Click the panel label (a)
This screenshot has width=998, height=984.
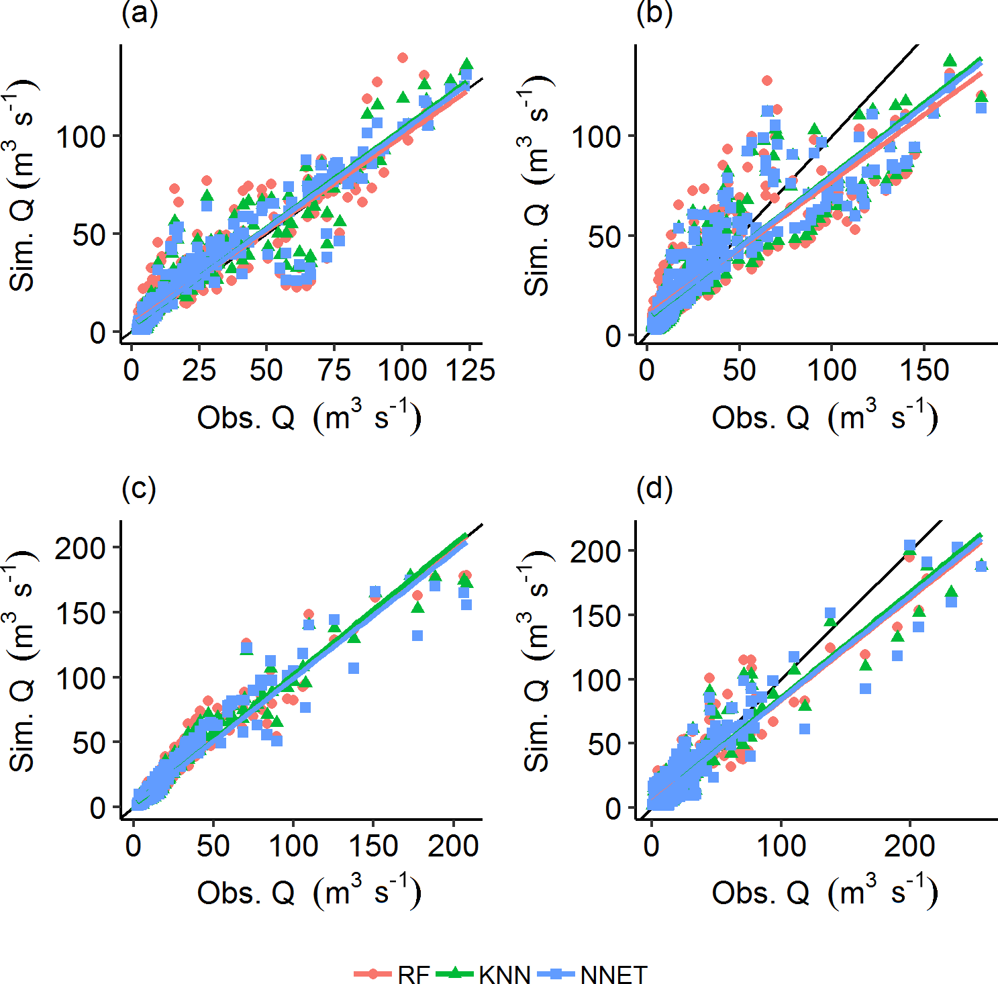(x=140, y=14)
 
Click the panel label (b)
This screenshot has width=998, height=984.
(x=654, y=14)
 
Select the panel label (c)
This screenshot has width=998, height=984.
(x=139, y=489)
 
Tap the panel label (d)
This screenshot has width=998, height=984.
(x=654, y=489)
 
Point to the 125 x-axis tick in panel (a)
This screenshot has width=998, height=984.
(x=470, y=370)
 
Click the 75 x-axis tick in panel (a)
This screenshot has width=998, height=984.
(x=334, y=370)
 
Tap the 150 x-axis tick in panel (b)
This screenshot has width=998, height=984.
(x=924, y=370)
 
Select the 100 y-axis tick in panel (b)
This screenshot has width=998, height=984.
(x=596, y=137)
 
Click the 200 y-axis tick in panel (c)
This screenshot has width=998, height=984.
(x=81, y=548)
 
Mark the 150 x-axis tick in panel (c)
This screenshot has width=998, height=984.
(x=373, y=845)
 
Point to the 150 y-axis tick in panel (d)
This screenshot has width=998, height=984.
(x=596, y=616)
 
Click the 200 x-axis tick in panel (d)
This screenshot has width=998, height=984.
(x=909, y=845)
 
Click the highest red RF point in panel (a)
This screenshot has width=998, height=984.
(x=403, y=58)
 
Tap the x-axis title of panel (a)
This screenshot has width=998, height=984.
(x=309, y=417)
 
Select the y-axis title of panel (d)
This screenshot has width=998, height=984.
(x=537, y=661)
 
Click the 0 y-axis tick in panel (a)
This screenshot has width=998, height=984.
(x=98, y=333)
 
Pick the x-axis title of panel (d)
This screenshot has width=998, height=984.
(x=824, y=892)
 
